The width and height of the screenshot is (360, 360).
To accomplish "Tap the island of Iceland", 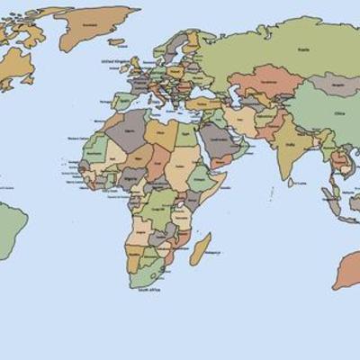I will click(x=115, y=40).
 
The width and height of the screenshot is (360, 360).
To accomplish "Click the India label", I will click(x=289, y=144).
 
